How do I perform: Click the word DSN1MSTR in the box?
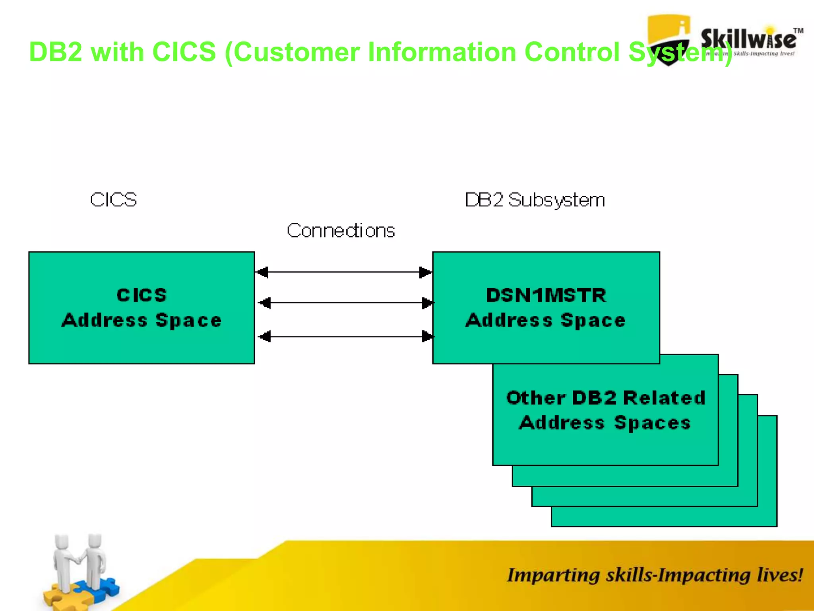click(x=546, y=296)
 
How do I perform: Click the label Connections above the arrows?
click(x=341, y=231)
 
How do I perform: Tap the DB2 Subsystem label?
click(x=535, y=200)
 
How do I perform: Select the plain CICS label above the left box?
click(x=113, y=200)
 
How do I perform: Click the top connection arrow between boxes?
click(x=344, y=272)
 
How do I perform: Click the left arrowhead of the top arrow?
click(x=262, y=272)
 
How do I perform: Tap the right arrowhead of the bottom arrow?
click(x=427, y=337)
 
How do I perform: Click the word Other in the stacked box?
click(x=535, y=398)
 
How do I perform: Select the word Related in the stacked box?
click(x=664, y=398)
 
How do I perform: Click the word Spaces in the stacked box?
click(x=652, y=422)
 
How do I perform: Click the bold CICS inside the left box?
click(x=141, y=295)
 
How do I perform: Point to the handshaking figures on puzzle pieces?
click(x=79, y=569)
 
